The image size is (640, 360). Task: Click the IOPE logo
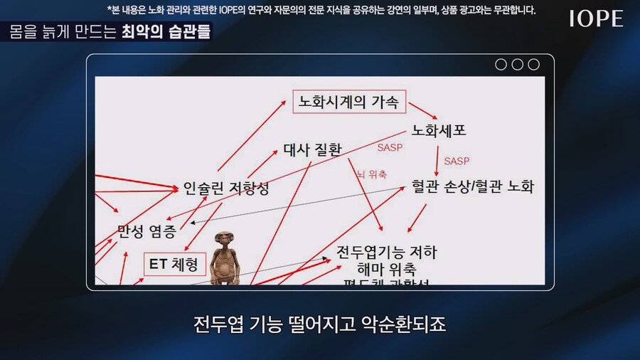click(x=596, y=19)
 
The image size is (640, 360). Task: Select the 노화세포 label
click(x=439, y=131)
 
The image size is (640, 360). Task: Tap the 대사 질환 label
click(x=312, y=149)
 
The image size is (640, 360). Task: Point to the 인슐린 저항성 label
click(x=226, y=189)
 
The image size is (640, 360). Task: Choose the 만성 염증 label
click(x=146, y=231)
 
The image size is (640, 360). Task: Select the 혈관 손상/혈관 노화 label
click(x=472, y=186)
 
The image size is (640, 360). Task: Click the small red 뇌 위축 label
click(x=371, y=174)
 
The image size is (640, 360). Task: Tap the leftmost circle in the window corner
click(x=501, y=65)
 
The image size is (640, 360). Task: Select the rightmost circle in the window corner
click(x=533, y=65)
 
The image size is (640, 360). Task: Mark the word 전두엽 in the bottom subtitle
click(x=216, y=326)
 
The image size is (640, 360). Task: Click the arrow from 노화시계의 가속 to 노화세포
click(x=422, y=113)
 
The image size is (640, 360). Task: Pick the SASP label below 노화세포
click(x=457, y=162)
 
